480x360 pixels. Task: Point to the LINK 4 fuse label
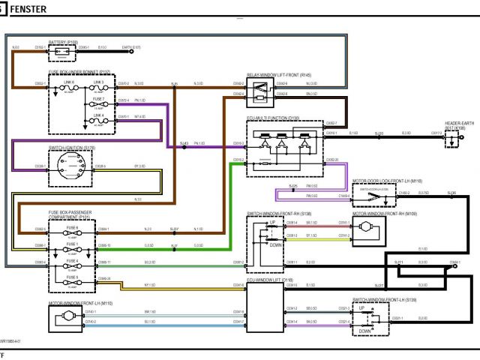pos(99,115)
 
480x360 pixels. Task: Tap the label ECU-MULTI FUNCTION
pos(274,118)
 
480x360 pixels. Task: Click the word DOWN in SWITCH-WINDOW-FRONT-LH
pos(365,329)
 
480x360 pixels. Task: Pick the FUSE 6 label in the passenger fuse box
pos(72,227)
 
